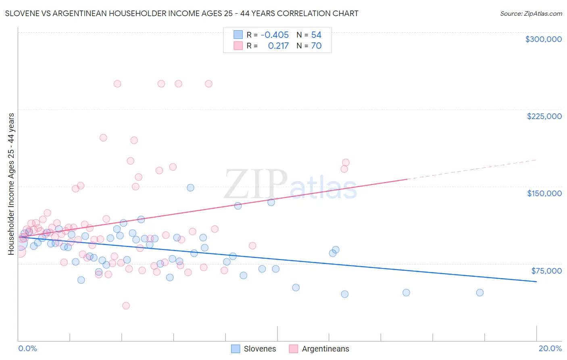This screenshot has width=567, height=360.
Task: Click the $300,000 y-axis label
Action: pyautogui.click(x=543, y=39)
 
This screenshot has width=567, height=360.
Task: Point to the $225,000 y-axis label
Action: pyautogui.click(x=544, y=116)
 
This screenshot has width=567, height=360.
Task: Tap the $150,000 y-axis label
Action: pyautogui.click(x=544, y=193)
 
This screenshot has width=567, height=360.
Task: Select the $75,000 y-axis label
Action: pyautogui.click(x=546, y=271)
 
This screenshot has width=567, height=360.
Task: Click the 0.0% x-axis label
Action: pyautogui.click(x=27, y=348)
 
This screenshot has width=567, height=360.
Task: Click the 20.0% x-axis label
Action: pyautogui.click(x=550, y=348)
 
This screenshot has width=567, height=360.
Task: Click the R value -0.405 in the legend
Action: pyautogui.click(x=275, y=35)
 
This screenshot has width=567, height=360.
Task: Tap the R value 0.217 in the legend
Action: pyautogui.click(x=278, y=46)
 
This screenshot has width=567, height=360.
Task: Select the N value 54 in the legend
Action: pyautogui.click(x=316, y=35)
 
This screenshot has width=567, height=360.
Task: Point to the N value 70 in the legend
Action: pyautogui.click(x=316, y=46)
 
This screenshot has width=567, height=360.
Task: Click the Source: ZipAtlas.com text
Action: pyautogui.click(x=531, y=14)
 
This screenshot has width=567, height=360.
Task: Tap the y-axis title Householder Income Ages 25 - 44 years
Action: pyautogui.click(x=11, y=184)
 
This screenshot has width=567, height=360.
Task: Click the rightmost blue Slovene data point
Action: pyautogui.click(x=479, y=293)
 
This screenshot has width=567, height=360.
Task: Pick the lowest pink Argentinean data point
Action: pyautogui.click(x=126, y=306)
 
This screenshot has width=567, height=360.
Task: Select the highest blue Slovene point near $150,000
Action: pyautogui.click(x=190, y=188)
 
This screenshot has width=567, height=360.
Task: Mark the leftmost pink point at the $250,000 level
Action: pyautogui.click(x=117, y=84)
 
